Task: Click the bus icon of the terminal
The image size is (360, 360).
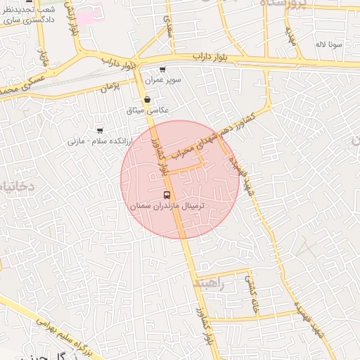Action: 167,195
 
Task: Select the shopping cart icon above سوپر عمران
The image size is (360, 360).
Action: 162,70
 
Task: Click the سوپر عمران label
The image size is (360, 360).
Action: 163,80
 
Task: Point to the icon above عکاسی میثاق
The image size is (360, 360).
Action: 146,100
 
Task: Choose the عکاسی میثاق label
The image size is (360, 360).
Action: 147,110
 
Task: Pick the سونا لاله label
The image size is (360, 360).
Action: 329,44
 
